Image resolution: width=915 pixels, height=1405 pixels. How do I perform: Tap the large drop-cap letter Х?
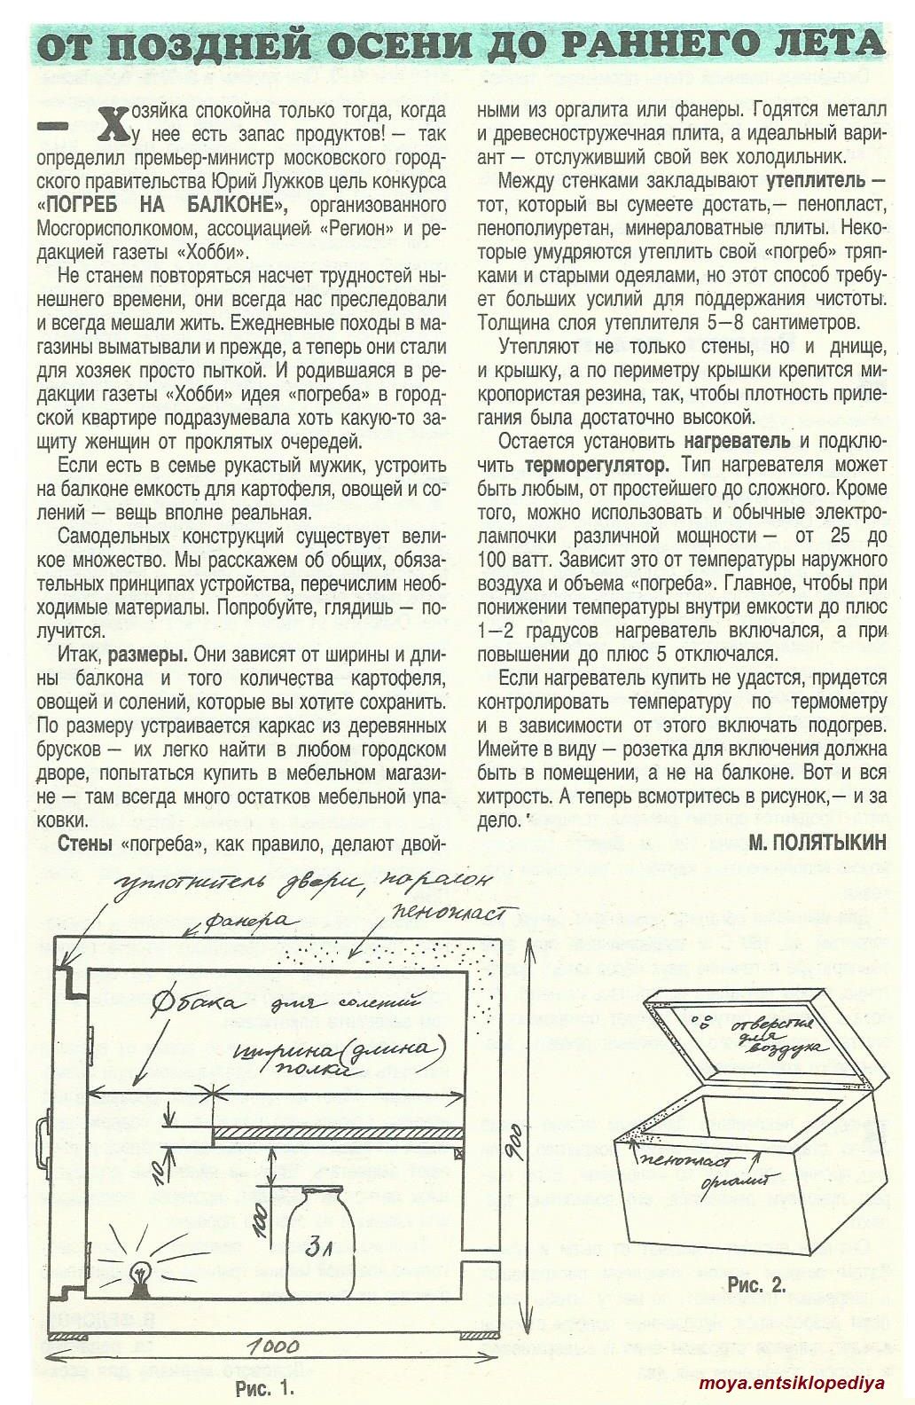pos(111,124)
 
